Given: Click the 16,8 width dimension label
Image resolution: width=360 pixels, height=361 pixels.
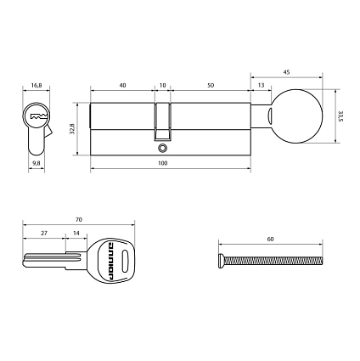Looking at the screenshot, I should (x=36, y=85).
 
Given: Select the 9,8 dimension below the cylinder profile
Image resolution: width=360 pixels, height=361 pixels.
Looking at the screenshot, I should (x=36, y=161).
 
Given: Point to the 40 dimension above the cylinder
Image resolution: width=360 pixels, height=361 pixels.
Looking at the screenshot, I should (x=123, y=85).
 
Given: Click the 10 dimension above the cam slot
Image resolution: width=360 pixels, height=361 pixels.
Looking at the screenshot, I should (x=162, y=85).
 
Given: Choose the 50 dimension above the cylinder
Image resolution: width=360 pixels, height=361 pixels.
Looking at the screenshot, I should (x=210, y=85).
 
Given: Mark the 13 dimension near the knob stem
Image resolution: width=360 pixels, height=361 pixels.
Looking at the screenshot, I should (x=259, y=85).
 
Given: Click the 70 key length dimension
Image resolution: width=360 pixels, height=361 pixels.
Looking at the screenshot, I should (x=78, y=218).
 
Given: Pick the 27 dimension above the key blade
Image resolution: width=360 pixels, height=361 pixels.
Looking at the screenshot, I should (x=45, y=231).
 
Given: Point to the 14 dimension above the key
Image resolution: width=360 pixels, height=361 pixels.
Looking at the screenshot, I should (x=76, y=231).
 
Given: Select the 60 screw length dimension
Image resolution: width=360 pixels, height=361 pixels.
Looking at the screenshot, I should (x=270, y=240).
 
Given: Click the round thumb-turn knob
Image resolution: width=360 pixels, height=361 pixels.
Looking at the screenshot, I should (x=297, y=116).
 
